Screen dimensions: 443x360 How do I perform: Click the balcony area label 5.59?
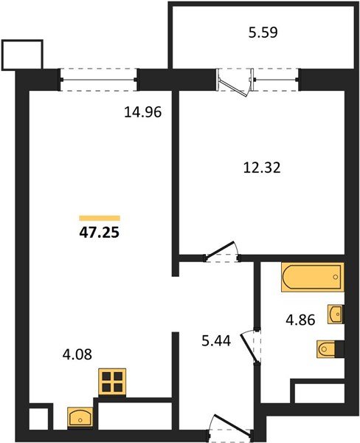[x=263, y=33]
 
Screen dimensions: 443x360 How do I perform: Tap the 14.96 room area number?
[x=143, y=113]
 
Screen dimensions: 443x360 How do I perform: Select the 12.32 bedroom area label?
[x=263, y=168]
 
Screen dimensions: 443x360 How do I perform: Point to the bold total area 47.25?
[x=100, y=231]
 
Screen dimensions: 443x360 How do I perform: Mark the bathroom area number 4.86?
[x=301, y=322]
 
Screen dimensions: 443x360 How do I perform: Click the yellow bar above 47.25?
[x=100, y=217]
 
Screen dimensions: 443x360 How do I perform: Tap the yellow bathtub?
[x=312, y=278]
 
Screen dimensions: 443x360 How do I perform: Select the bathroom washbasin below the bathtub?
[x=335, y=315]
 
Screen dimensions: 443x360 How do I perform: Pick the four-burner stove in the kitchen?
[x=113, y=383]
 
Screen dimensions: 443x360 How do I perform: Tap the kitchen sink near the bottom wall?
[x=79, y=417]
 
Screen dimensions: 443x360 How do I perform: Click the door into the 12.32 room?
[x=221, y=253]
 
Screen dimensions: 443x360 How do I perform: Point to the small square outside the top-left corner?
[x=23, y=53]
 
